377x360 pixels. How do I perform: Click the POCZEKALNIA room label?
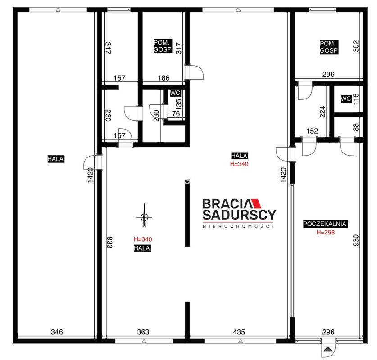click(x=325, y=224)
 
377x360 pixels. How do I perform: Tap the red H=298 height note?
click(x=326, y=232)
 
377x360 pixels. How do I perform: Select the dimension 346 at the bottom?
click(x=57, y=332)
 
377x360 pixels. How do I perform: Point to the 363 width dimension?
click(x=143, y=332)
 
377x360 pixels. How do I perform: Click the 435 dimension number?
click(x=239, y=332)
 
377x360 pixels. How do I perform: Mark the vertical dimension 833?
click(x=109, y=242)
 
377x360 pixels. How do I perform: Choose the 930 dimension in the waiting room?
click(x=356, y=240)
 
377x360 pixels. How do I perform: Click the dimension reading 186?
click(x=164, y=78)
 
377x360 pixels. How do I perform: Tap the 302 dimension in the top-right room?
click(x=356, y=46)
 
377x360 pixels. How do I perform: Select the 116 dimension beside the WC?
click(x=356, y=99)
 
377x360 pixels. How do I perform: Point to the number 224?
click(x=322, y=112)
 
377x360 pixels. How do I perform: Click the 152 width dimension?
click(x=312, y=131)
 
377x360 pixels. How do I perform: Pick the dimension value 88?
click(x=356, y=127)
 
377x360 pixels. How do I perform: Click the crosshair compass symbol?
click(x=144, y=217)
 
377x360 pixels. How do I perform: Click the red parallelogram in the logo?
click(x=255, y=203)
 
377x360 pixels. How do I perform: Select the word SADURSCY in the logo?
click(x=239, y=215)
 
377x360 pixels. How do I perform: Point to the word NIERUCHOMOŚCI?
click(x=238, y=226)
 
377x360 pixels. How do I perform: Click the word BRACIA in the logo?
click(x=227, y=204)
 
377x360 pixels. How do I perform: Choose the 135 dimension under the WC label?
click(x=179, y=104)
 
